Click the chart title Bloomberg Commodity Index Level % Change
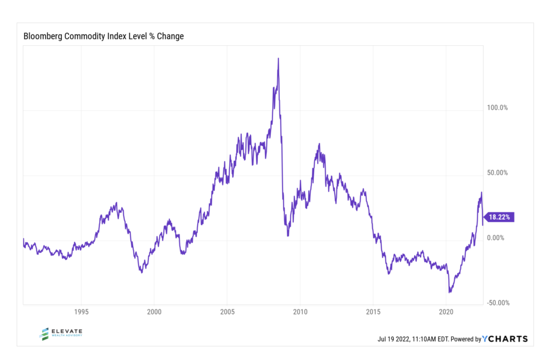(x=104, y=37)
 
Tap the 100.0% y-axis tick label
(x=497, y=107)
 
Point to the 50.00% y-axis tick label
(x=497, y=173)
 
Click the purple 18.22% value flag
(x=501, y=217)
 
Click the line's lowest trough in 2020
(x=450, y=292)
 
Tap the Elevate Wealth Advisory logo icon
(x=45, y=334)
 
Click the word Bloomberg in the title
(x=44, y=37)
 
